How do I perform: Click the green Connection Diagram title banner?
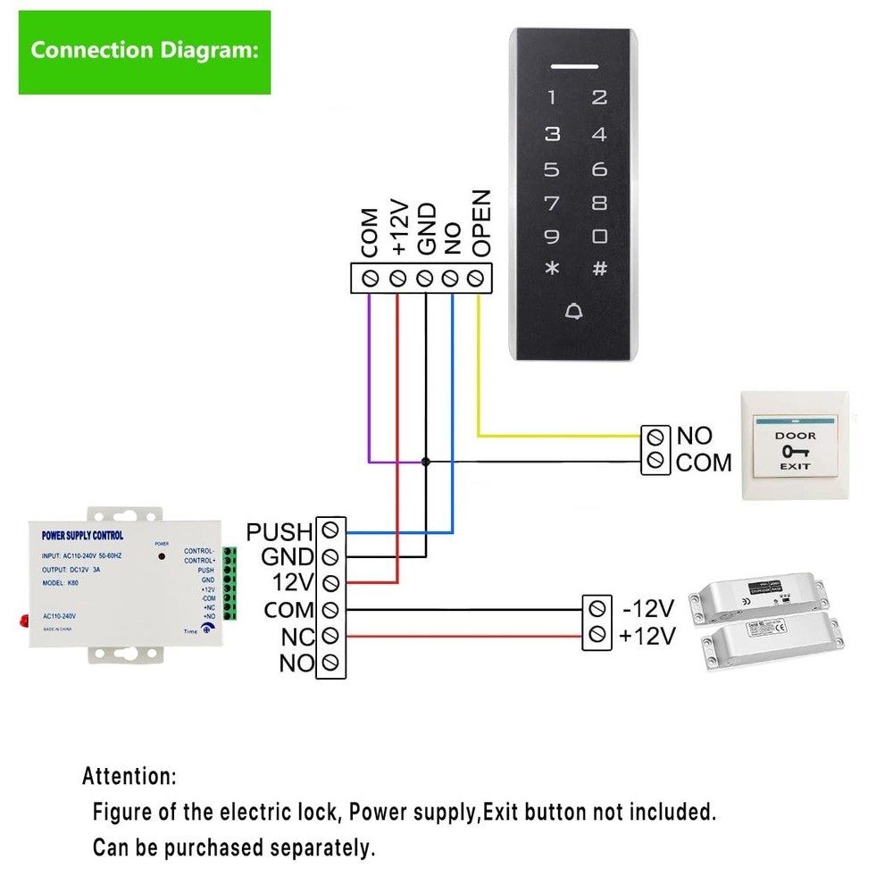click(x=144, y=51)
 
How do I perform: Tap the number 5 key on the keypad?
click(x=553, y=170)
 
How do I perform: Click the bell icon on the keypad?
click(x=574, y=311)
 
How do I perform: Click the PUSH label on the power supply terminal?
click(x=280, y=532)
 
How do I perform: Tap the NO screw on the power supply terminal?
click(x=330, y=663)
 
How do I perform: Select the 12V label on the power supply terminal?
click(x=293, y=583)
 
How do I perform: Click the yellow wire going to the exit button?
click(x=554, y=436)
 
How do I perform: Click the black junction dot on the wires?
click(x=426, y=462)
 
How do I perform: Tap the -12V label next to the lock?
click(x=647, y=609)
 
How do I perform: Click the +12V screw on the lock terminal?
click(x=597, y=636)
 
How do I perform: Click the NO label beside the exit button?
click(x=694, y=436)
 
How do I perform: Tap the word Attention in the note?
click(x=129, y=775)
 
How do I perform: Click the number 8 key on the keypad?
click(x=599, y=203)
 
